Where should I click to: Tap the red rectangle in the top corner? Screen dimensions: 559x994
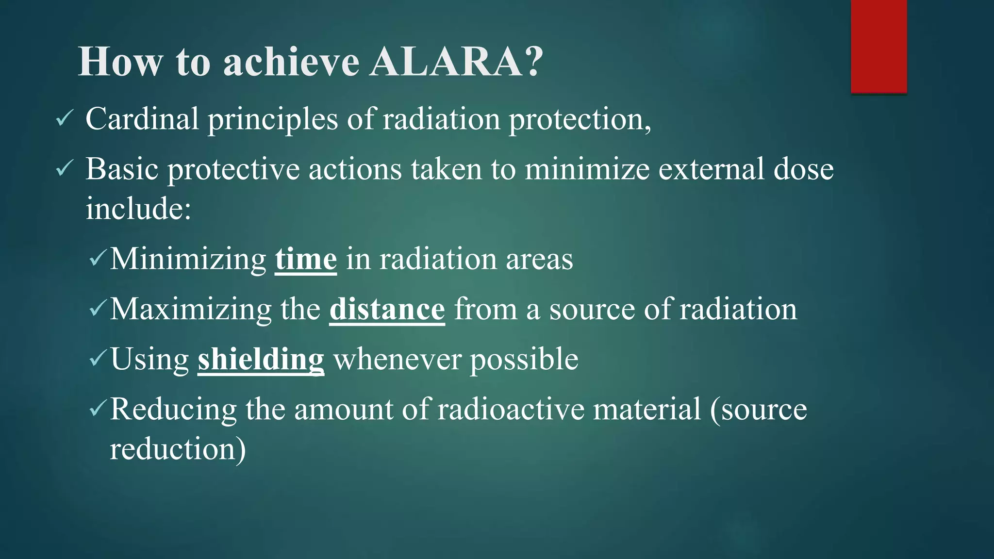tap(878, 46)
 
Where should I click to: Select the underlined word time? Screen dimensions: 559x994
tap(306, 259)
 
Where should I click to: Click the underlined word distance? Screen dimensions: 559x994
tap(387, 309)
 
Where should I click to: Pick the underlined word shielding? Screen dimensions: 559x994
tap(261, 360)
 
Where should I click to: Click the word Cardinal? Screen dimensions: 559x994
tap(142, 119)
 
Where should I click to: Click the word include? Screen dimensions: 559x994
tap(138, 209)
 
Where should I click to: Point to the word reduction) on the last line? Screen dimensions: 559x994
tap(178, 449)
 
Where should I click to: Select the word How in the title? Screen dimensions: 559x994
tap(120, 62)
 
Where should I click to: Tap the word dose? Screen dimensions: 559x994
tap(803, 169)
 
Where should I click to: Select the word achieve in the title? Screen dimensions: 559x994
tap(291, 62)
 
